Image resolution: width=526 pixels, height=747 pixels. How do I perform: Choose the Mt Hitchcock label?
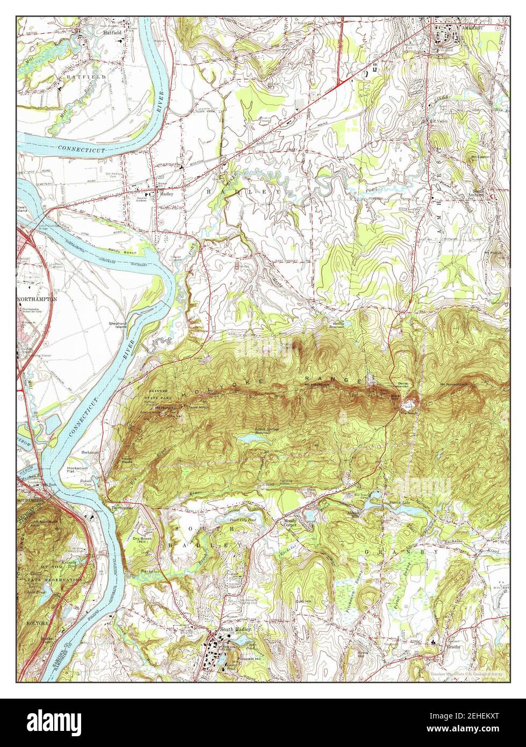pos(316,385)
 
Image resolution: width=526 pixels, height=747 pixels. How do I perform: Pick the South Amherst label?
pos(478,193)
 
